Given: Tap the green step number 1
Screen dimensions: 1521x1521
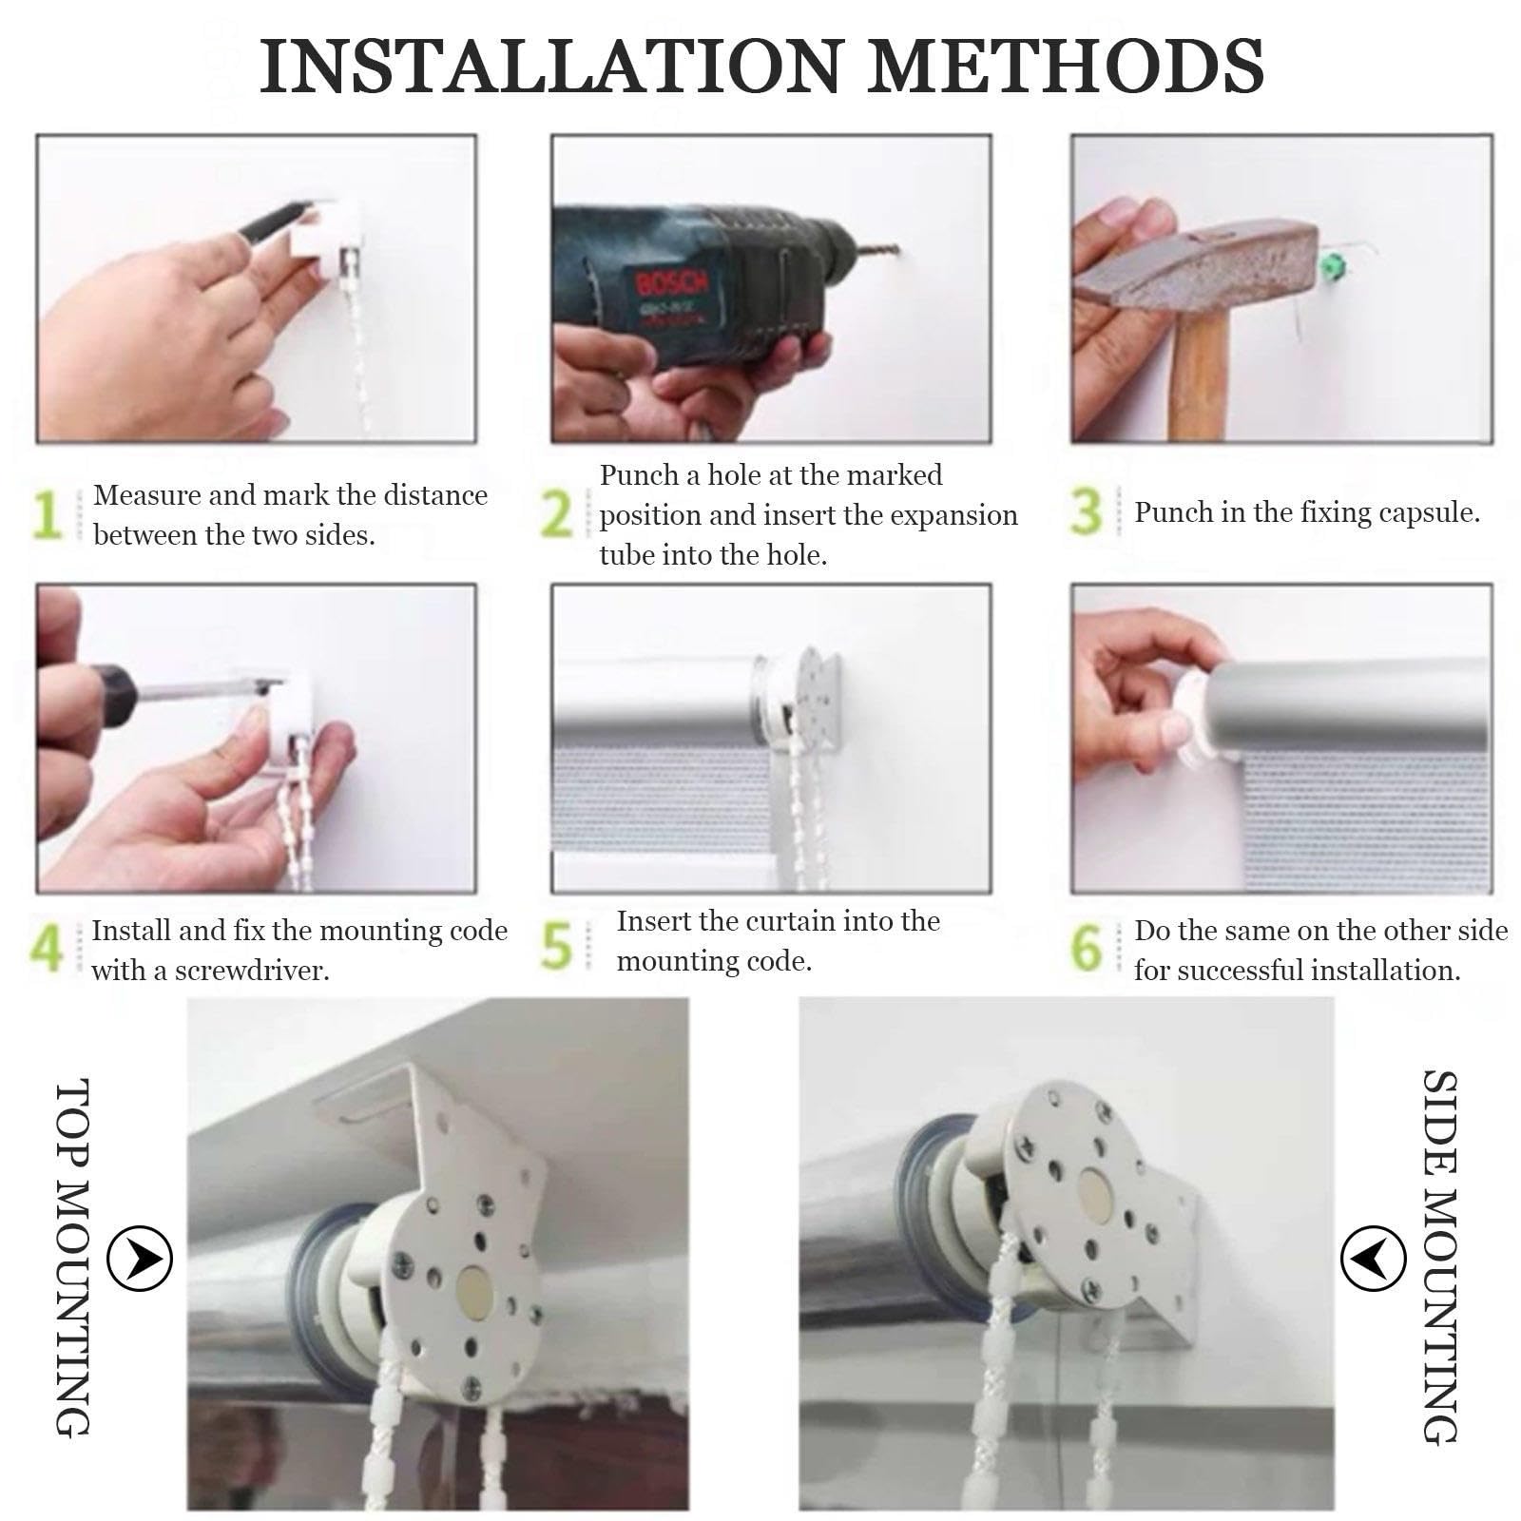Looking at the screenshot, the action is (46, 514).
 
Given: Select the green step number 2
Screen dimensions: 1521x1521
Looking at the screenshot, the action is (557, 514).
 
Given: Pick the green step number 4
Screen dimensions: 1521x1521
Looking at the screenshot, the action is (47, 948).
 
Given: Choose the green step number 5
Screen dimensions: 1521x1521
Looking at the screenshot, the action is (557, 946).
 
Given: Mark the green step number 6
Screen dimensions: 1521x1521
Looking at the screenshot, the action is (1087, 948).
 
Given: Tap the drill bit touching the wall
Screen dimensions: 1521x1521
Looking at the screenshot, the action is (876, 253).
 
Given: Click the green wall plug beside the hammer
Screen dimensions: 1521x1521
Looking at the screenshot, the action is (1333, 260).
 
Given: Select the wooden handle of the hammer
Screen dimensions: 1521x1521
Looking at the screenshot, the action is (1197, 376).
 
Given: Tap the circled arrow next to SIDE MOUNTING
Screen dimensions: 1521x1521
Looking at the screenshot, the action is (1373, 1258).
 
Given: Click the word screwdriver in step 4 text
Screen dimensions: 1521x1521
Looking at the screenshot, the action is (252, 972).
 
